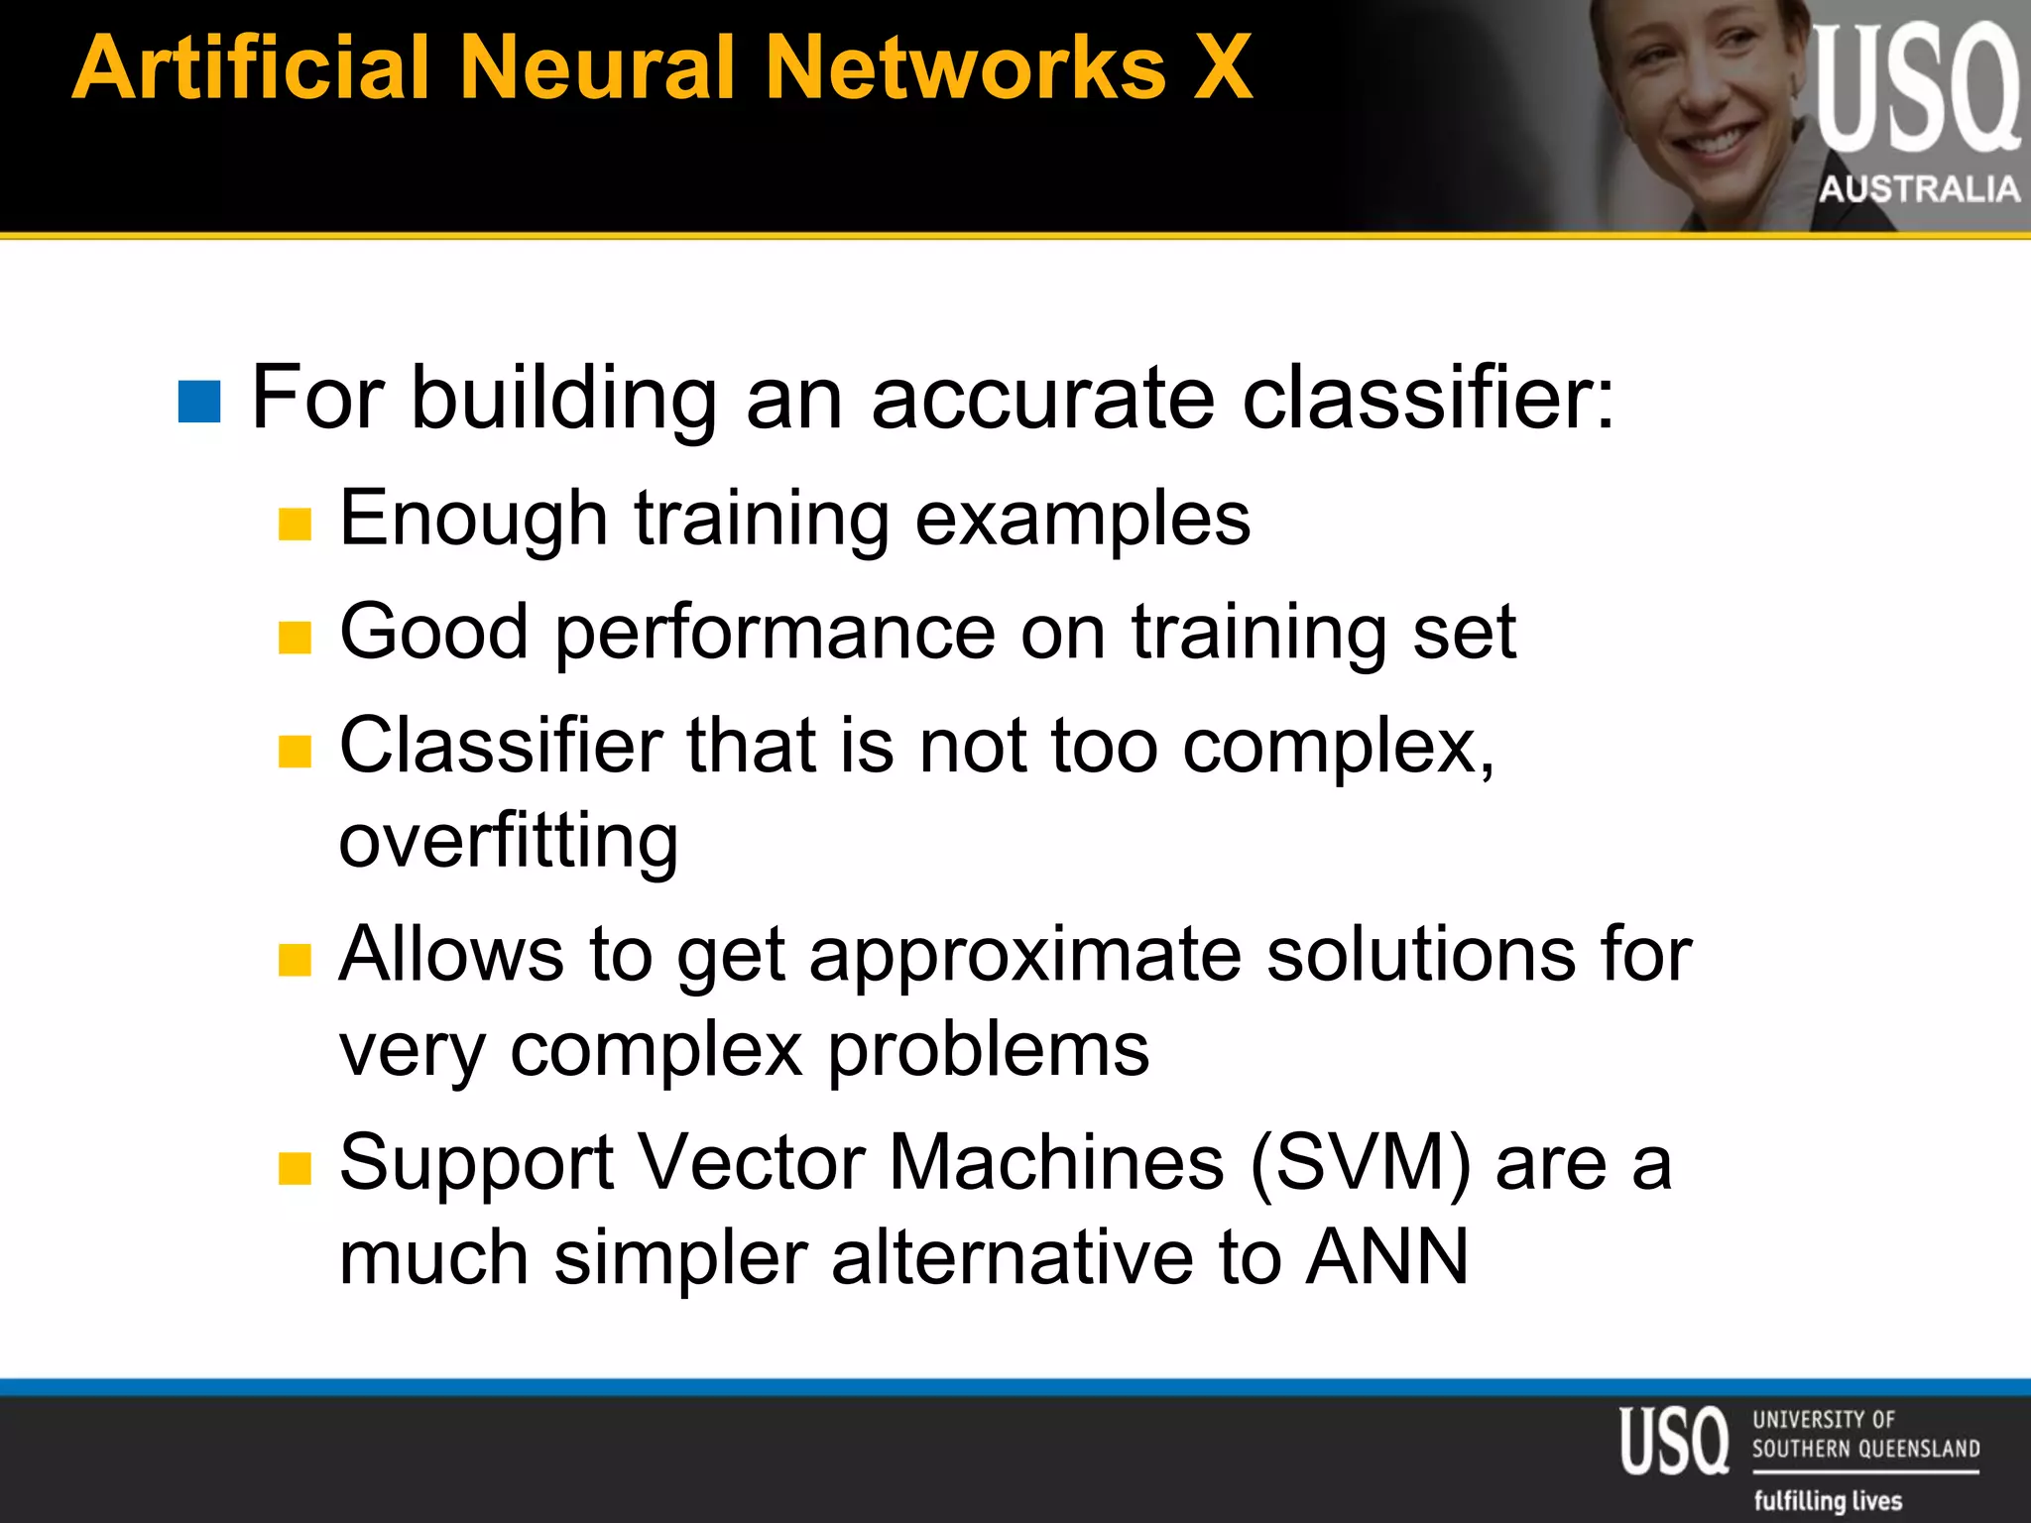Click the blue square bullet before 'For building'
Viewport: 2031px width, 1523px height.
coord(198,402)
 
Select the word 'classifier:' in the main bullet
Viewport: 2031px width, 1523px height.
coord(1428,398)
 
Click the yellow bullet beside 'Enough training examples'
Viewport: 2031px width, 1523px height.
coord(295,524)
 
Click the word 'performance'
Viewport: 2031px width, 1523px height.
coord(775,632)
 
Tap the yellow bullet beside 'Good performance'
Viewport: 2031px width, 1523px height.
coord(295,638)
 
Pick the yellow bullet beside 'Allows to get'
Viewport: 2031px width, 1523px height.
coord(295,960)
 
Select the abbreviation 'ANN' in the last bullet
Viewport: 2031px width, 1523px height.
coord(1386,1257)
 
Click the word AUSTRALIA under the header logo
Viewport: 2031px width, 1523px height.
coord(1919,188)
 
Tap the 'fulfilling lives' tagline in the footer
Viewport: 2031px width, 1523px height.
coord(1828,1500)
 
